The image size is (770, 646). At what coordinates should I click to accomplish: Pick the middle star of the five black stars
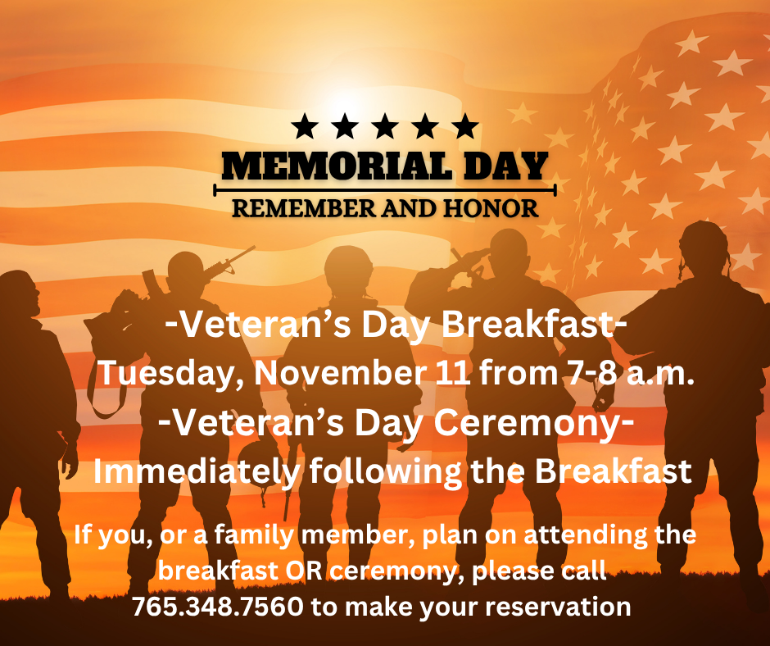point(385,126)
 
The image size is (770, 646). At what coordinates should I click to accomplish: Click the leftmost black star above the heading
point(305,126)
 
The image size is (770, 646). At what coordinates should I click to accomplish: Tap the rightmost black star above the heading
point(465,126)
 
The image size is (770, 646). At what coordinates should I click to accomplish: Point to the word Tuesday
point(169,373)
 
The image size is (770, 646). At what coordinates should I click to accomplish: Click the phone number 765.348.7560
point(217,607)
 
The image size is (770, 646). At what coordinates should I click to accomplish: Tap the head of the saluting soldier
point(508,250)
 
